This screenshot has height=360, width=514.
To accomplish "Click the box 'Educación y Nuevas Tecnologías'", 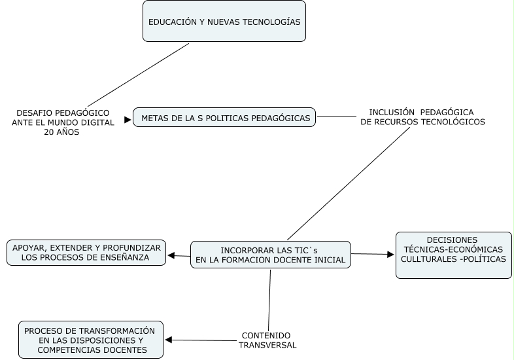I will click(x=224, y=22).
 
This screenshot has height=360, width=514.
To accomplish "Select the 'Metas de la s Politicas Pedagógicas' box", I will click(x=224, y=117).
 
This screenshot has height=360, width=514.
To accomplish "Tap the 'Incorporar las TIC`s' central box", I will click(x=271, y=255).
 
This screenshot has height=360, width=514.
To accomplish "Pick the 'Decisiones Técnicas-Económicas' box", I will click(x=454, y=255).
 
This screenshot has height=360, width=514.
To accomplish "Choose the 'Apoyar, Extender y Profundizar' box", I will click(x=86, y=253).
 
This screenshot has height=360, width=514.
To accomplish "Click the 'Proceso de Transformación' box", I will click(x=91, y=340).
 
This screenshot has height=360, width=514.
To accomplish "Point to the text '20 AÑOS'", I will click(x=61, y=132).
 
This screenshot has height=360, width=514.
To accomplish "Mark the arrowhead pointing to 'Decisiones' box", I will click(x=391, y=254).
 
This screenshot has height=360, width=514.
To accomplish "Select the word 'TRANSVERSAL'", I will click(x=267, y=345).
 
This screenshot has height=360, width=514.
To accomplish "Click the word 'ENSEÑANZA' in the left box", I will click(x=125, y=258).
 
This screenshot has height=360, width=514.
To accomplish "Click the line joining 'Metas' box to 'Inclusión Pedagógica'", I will click(x=336, y=118).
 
